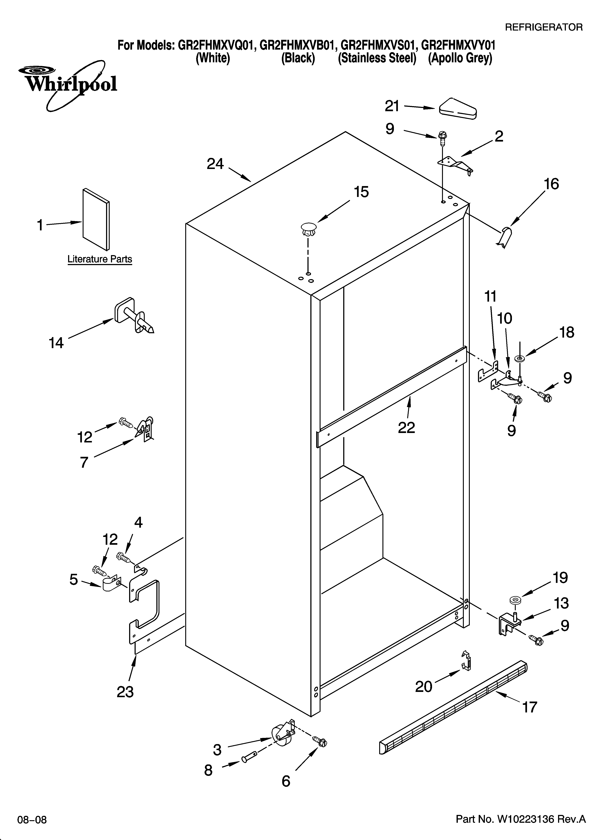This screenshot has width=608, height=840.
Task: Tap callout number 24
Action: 215,164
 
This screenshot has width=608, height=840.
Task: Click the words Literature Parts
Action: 100,259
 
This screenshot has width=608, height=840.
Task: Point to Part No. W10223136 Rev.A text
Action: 521,819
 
